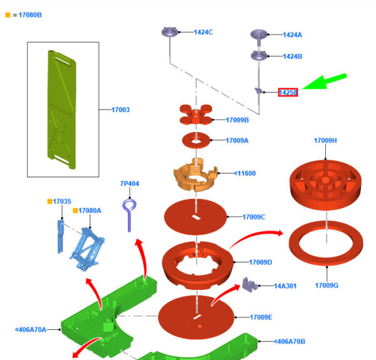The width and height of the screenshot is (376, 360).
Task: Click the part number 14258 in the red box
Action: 288,93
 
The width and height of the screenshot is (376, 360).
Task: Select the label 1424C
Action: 203,32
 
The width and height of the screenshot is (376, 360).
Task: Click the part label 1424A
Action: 292,35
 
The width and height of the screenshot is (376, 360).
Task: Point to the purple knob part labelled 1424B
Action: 259,56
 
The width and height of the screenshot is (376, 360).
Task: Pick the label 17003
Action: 120,110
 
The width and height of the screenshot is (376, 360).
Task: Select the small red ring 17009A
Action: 196,138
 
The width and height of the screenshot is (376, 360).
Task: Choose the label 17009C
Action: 254,217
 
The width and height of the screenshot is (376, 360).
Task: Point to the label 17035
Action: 62,202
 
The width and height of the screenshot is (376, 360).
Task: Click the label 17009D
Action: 261,262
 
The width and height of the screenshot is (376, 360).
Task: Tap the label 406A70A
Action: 31,329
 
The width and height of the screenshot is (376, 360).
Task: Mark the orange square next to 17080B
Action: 8,14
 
